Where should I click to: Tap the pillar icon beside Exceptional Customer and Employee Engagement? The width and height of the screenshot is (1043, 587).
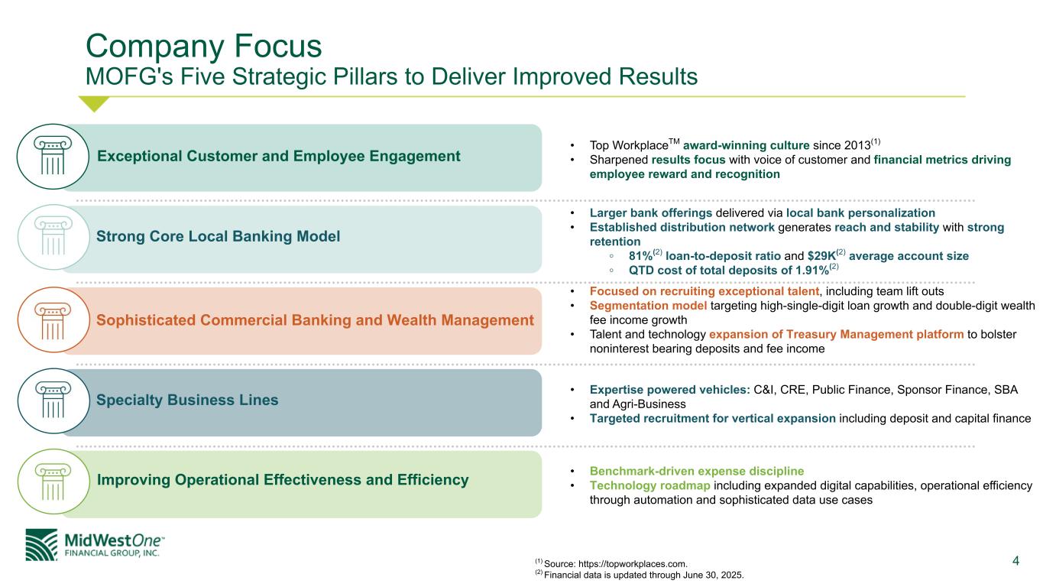(53, 157)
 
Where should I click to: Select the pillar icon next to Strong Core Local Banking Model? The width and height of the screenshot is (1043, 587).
(53, 238)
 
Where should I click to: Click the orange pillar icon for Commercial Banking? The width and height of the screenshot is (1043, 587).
(53, 321)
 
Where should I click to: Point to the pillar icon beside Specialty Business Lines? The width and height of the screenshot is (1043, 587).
(53, 401)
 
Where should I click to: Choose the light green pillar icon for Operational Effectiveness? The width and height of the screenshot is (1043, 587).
(53, 483)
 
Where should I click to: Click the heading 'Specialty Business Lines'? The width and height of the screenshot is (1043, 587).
(187, 401)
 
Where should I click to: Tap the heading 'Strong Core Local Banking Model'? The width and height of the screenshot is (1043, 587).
(219, 237)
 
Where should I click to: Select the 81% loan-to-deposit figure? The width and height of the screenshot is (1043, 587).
(643, 255)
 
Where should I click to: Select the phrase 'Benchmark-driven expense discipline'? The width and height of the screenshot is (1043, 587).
(697, 471)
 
